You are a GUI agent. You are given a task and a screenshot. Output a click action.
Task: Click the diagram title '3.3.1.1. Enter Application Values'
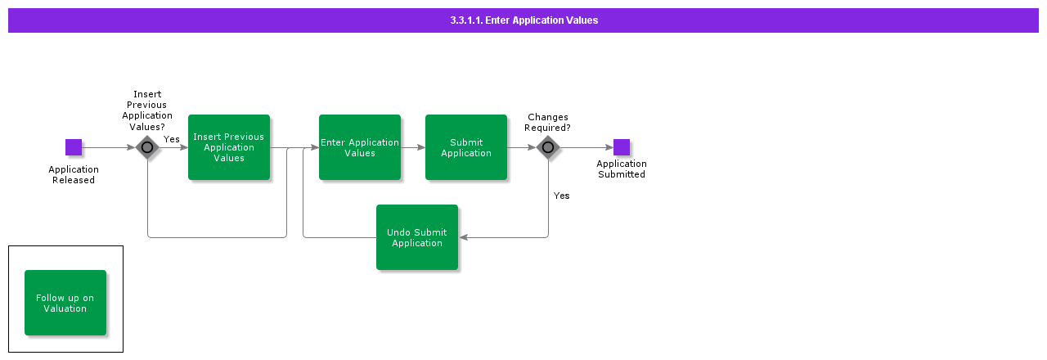click(523, 20)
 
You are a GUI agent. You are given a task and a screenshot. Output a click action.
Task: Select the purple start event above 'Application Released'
click(74, 147)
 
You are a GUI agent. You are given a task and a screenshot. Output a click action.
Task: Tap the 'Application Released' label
click(74, 175)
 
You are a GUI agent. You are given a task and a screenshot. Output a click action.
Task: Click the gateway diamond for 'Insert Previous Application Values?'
click(147, 147)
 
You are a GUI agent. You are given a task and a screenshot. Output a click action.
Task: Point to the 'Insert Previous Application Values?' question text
click(147, 110)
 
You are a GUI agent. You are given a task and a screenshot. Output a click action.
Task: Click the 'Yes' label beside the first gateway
click(172, 139)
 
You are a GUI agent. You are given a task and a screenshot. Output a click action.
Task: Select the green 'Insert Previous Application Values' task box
click(229, 147)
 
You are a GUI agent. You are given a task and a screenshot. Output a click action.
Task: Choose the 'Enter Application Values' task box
click(360, 147)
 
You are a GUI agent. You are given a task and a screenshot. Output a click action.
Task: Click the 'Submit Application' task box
click(466, 147)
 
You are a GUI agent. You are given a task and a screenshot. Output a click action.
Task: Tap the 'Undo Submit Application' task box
click(417, 237)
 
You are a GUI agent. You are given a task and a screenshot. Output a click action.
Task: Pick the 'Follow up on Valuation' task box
click(65, 303)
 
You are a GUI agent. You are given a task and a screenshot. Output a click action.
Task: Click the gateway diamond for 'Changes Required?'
click(548, 147)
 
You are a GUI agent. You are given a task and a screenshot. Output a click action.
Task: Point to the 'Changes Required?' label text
click(548, 123)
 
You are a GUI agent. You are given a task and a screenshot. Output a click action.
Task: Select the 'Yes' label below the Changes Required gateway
click(561, 196)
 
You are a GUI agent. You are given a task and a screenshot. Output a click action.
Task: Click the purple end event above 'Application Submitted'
click(622, 147)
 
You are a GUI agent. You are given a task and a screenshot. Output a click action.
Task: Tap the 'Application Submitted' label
click(622, 169)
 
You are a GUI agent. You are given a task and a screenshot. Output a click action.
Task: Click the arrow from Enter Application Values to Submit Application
click(413, 147)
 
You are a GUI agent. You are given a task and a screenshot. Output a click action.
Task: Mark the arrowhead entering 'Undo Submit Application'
click(463, 237)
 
